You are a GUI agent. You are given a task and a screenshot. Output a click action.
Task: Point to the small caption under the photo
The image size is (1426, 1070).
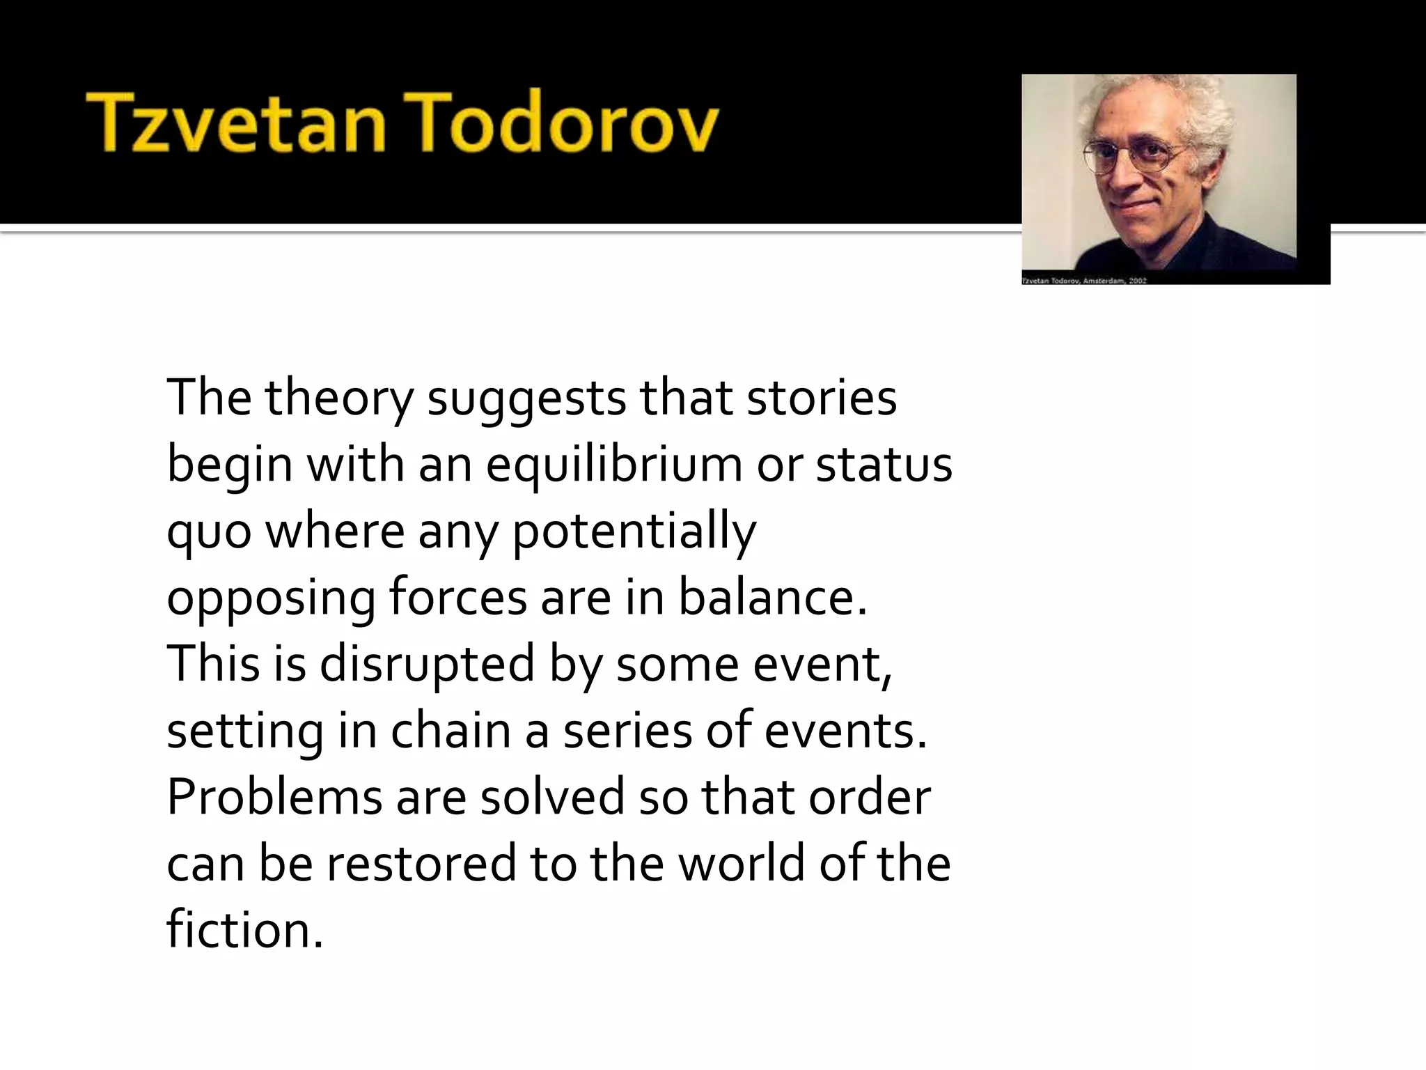pos(1083,281)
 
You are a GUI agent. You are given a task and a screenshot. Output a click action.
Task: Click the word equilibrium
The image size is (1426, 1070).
pos(613,465)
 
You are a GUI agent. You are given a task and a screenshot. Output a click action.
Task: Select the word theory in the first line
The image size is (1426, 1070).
pos(338,399)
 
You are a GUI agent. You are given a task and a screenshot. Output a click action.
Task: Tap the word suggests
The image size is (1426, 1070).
pos(526,399)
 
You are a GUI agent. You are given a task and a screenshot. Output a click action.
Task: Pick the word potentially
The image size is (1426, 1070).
pos(634,532)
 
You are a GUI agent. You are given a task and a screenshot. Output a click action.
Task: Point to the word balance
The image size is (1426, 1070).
pos(773,598)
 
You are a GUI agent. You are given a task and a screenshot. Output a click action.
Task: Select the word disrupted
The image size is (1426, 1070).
pos(427,665)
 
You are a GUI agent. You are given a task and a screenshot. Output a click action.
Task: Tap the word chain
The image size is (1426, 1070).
pos(450,731)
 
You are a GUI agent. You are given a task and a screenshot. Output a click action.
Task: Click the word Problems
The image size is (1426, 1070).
pos(274,797)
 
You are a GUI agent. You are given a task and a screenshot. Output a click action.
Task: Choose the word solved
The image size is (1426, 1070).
pos(552,797)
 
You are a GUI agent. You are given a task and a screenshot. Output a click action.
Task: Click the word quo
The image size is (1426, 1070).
pos(208,532)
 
